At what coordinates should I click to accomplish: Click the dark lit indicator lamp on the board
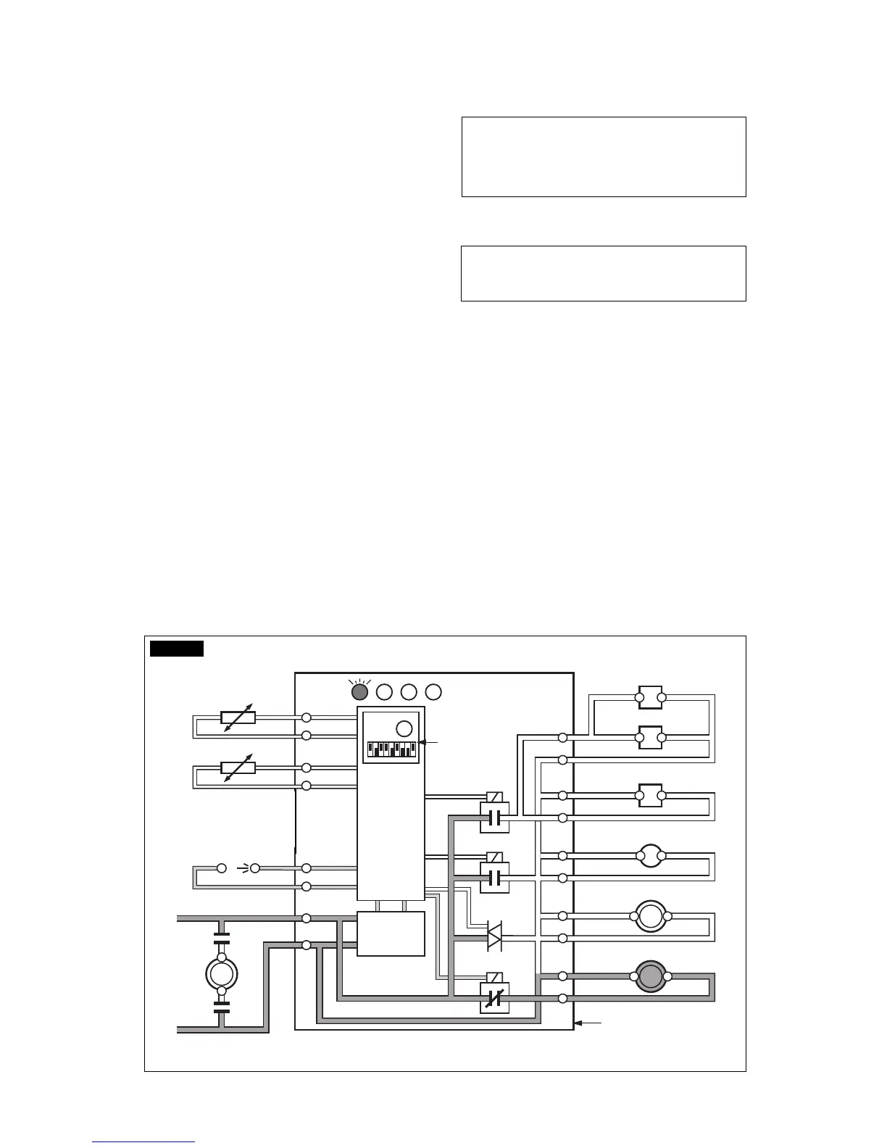[x=359, y=692]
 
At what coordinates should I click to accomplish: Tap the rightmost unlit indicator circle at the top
[x=433, y=692]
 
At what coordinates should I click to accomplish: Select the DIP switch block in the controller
[x=391, y=749]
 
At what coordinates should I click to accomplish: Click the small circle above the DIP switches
[x=404, y=729]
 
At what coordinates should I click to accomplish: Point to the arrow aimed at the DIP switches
[x=429, y=742]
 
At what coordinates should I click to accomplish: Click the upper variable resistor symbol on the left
[x=238, y=717]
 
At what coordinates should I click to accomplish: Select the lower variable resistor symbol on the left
[x=238, y=768]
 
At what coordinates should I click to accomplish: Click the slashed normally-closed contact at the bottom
[x=494, y=999]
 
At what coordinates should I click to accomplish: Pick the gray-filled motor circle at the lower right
[x=651, y=976]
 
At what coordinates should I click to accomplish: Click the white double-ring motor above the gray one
[x=651, y=916]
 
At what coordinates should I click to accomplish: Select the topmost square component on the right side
[x=650, y=697]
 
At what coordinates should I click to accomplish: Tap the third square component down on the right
[x=650, y=796]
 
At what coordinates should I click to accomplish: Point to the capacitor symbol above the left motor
[x=222, y=939]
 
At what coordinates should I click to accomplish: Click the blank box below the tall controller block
[x=391, y=933]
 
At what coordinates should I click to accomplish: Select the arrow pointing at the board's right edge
[x=588, y=1023]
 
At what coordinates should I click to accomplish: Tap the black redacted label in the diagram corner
[x=177, y=648]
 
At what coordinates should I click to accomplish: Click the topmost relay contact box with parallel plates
[x=495, y=818]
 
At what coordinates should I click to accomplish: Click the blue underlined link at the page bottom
[x=143, y=1141]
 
